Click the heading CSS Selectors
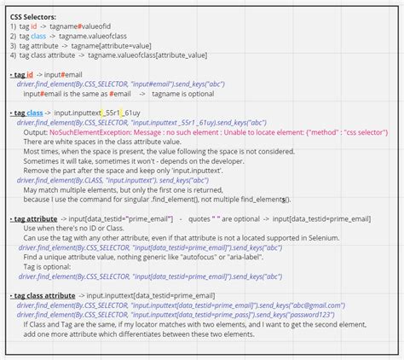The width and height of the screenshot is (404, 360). [x=34, y=16]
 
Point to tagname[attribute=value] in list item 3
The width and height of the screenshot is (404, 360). [x=124, y=46]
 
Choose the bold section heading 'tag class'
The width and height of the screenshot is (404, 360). [x=29, y=113]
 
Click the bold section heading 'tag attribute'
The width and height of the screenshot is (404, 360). [x=35, y=218]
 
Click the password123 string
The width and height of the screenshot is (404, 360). [x=314, y=314]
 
